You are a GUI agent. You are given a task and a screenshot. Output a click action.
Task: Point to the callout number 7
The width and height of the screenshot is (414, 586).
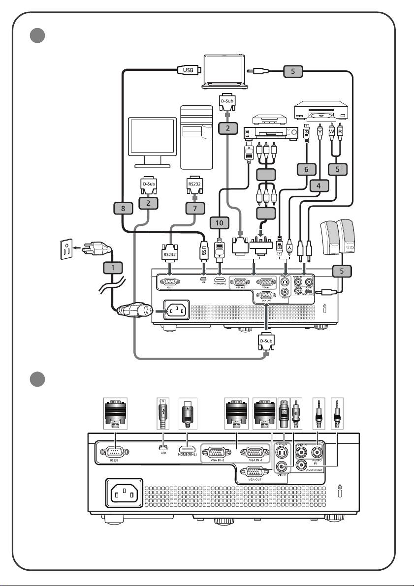(195, 208)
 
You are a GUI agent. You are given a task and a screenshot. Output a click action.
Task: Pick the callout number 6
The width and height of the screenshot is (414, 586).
(307, 169)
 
